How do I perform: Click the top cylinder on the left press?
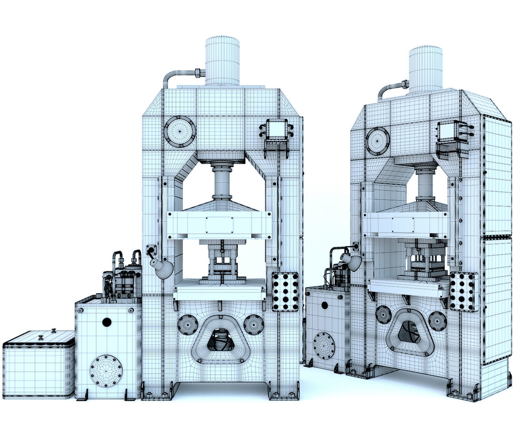222,61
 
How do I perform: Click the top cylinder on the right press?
426,69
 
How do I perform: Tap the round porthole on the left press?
179,132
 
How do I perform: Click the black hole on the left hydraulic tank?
107,322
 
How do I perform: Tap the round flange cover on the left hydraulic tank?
106,371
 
